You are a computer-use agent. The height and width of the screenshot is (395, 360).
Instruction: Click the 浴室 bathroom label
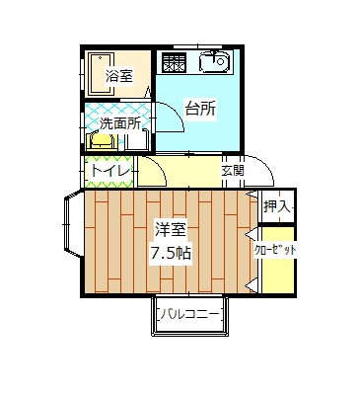tap(119, 76)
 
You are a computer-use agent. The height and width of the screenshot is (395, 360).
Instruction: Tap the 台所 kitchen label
tap(200, 110)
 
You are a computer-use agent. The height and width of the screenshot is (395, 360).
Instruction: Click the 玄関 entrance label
tap(233, 171)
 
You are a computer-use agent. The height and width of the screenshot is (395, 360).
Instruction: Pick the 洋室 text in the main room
tap(170, 231)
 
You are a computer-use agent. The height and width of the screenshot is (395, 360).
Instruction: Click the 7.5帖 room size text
tap(170, 253)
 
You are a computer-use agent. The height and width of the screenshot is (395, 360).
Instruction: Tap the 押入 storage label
tap(276, 207)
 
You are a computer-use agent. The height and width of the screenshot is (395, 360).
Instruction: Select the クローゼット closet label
tap(276, 251)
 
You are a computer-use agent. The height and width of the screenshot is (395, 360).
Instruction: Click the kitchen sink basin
tap(214, 64)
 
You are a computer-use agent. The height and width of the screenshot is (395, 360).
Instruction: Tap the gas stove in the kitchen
tap(175, 65)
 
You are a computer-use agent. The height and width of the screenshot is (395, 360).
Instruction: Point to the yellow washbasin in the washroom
tap(103, 141)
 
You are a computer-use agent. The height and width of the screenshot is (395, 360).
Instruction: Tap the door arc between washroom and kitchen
tap(168, 116)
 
